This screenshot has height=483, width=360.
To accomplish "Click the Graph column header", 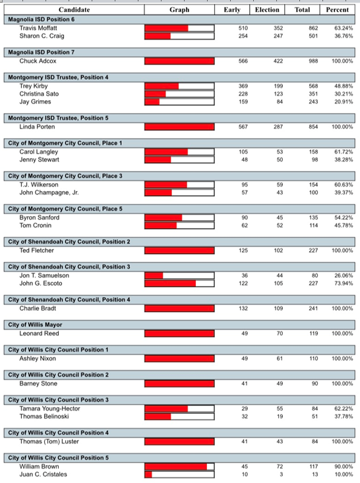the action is [179, 10].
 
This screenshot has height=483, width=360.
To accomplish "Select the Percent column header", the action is [338, 10].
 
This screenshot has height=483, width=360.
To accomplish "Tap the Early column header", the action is [232, 10].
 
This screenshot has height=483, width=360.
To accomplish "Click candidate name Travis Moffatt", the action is [38, 28].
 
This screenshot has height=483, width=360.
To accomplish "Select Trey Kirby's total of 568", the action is [313, 86].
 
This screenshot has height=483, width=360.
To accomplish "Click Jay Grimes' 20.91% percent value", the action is [344, 101].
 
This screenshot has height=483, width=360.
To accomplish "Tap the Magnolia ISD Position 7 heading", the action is [42, 52].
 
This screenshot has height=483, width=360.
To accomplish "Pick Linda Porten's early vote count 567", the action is [243, 127].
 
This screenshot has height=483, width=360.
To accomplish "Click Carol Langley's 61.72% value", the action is [344, 152].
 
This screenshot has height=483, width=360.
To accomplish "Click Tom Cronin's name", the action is [36, 225].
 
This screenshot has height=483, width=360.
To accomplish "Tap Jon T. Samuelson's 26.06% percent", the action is [344, 275].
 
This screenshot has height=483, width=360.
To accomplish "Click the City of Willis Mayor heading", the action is [35, 325].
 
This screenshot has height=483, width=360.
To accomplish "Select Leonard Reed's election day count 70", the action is [280, 333].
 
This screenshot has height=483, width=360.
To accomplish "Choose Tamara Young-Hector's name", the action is [49, 409].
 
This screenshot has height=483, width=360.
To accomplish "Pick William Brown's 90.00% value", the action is [344, 467].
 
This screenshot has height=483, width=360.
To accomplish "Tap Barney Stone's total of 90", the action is [315, 384].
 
